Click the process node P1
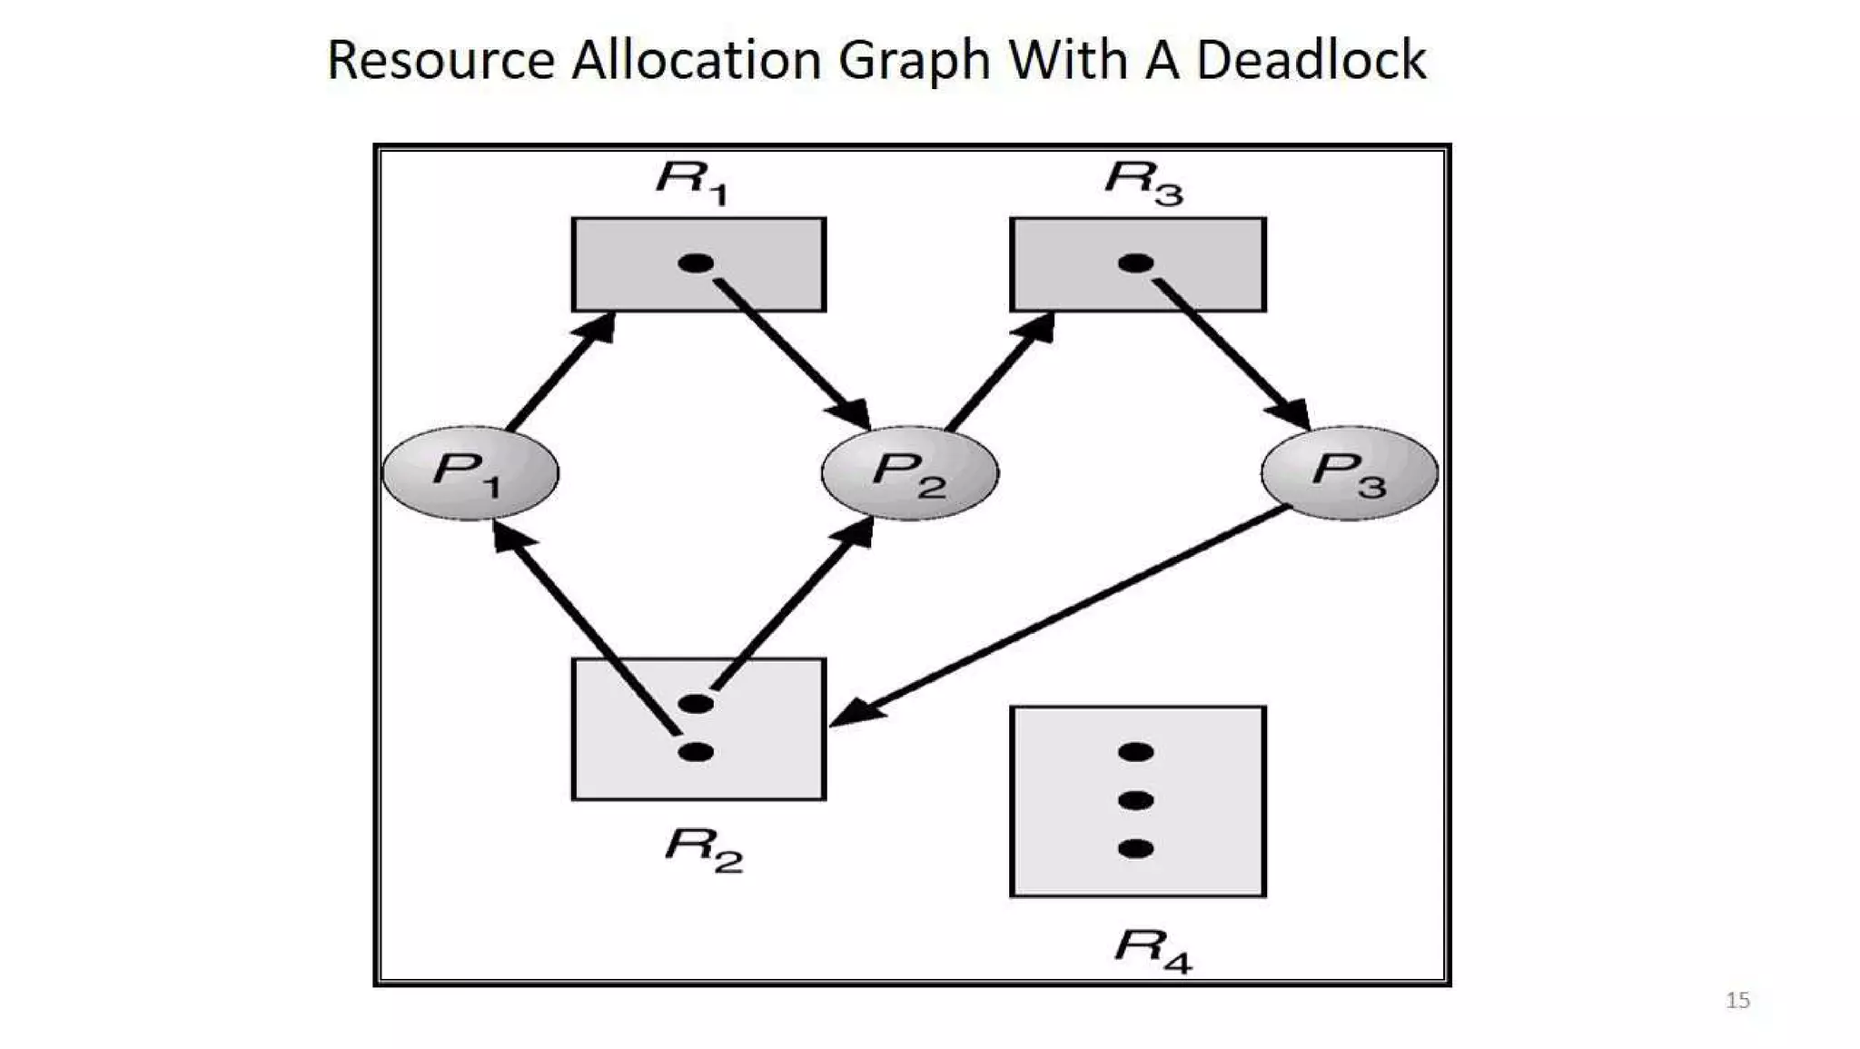470,472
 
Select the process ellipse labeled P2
909,472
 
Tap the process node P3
1350,472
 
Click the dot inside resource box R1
696,263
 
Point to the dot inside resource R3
1135,263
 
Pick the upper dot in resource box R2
696,703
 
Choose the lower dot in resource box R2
696,752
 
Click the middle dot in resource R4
1135,800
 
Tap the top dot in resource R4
1135,752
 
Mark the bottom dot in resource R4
1135,849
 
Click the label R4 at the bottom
1153,949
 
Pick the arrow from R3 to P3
1231,354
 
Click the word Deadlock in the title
1311,60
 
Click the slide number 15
1737,1000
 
